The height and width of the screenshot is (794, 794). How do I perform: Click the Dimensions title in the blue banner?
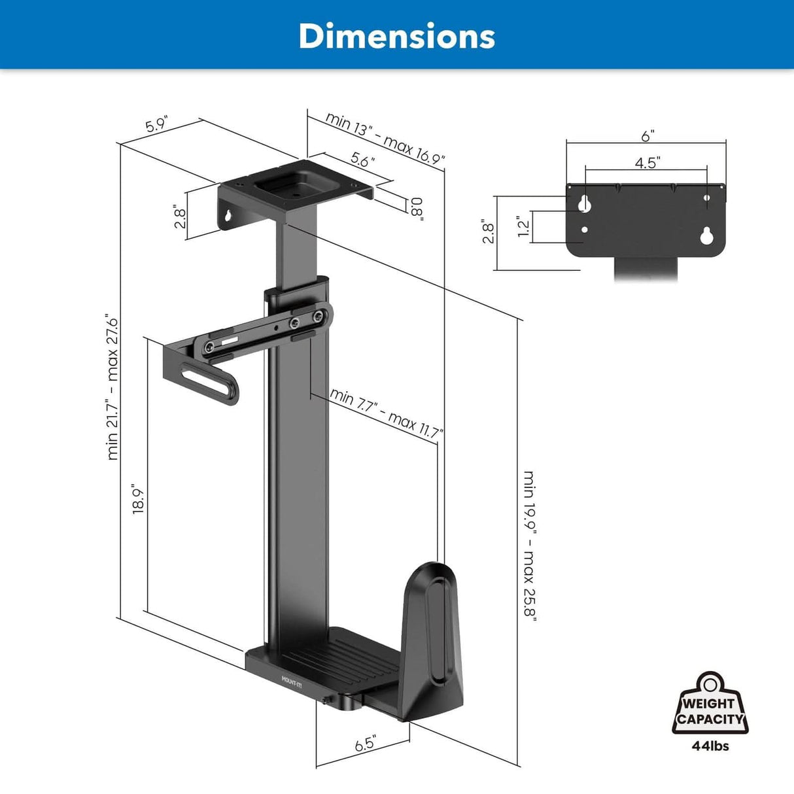click(396, 36)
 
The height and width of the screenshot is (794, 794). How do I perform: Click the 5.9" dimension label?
click(157, 124)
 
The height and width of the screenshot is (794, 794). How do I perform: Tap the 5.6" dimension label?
click(362, 159)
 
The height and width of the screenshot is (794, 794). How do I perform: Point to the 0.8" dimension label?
click(417, 209)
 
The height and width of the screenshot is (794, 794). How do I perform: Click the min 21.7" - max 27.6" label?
click(112, 388)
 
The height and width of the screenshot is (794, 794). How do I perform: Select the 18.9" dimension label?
click(137, 499)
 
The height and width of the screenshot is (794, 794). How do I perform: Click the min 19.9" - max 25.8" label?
click(529, 546)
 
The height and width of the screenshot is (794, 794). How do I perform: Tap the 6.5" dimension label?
click(365, 744)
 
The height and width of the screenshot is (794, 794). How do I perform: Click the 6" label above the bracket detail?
click(647, 135)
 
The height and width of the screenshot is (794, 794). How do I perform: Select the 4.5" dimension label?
click(646, 163)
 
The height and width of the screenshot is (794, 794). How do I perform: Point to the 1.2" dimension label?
click(523, 227)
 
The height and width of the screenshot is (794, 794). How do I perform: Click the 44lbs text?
click(710, 746)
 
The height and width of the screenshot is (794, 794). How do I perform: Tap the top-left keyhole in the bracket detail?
click(585, 203)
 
